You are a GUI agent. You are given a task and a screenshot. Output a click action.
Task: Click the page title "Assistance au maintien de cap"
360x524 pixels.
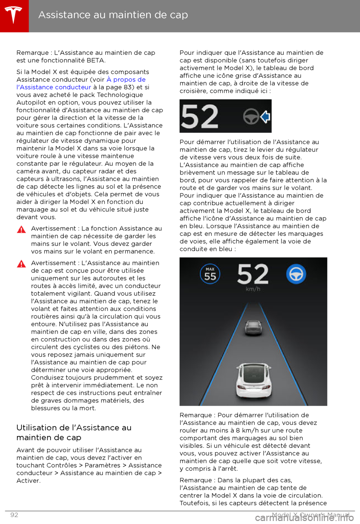pyautogui.click(x=113, y=15)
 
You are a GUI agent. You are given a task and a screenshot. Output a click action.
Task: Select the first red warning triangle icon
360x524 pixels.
pyautogui.click(x=21, y=229)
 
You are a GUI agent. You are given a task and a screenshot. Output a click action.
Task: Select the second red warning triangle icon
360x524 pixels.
pyautogui.click(x=21, y=264)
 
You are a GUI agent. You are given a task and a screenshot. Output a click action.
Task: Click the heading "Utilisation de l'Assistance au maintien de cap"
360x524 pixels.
pyautogui.click(x=74, y=432)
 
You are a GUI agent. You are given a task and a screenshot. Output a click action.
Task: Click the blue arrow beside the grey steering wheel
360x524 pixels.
pyautogui.click(x=265, y=117)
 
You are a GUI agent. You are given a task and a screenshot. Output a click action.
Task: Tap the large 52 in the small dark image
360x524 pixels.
pyautogui.click(x=199, y=117)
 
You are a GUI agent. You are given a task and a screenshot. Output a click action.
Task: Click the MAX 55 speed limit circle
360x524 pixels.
pyautogui.click(x=210, y=274)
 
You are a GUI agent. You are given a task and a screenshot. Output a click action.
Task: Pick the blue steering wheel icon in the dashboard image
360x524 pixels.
pyautogui.click(x=296, y=274)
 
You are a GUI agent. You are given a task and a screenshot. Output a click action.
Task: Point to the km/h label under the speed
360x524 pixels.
pyautogui.click(x=253, y=289)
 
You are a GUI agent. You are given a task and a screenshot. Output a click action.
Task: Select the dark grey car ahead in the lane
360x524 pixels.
pyautogui.click(x=253, y=327)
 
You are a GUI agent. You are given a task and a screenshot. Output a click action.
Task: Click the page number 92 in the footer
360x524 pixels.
pyautogui.click(x=14, y=515)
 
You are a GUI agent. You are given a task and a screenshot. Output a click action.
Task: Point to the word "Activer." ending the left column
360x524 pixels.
pyautogui.click(x=28, y=481)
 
